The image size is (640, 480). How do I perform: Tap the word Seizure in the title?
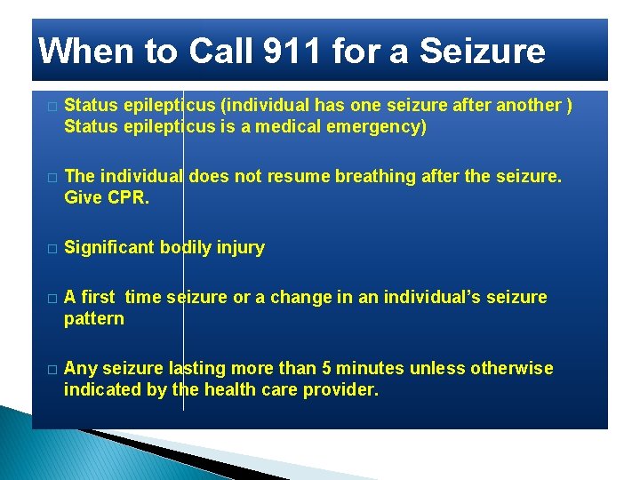coord(482,52)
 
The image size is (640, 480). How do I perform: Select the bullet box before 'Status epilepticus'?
coord(52,107)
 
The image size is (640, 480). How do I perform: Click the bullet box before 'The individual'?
coord(52,178)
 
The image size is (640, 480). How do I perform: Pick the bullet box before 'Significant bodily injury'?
coord(52,249)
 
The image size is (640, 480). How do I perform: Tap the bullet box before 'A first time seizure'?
coord(52,299)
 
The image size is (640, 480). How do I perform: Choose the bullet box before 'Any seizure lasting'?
coord(52,370)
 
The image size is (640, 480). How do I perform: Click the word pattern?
coord(94,318)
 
